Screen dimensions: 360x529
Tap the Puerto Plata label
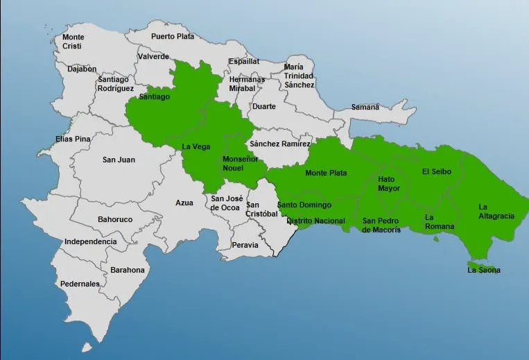(173, 36)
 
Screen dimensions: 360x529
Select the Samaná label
(365, 108)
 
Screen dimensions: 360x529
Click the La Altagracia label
(496, 212)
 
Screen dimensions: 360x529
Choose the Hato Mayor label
(389, 184)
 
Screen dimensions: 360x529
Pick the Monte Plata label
(326, 173)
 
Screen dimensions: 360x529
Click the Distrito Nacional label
(315, 221)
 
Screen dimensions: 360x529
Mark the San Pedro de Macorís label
(381, 225)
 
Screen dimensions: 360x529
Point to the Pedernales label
(80, 284)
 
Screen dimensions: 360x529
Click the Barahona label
(128, 270)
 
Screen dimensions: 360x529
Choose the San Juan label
(119, 160)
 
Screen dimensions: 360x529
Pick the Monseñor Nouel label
(240, 164)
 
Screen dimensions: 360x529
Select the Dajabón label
(82, 69)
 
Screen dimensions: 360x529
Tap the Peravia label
(245, 245)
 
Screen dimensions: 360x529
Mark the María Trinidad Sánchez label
(299, 76)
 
